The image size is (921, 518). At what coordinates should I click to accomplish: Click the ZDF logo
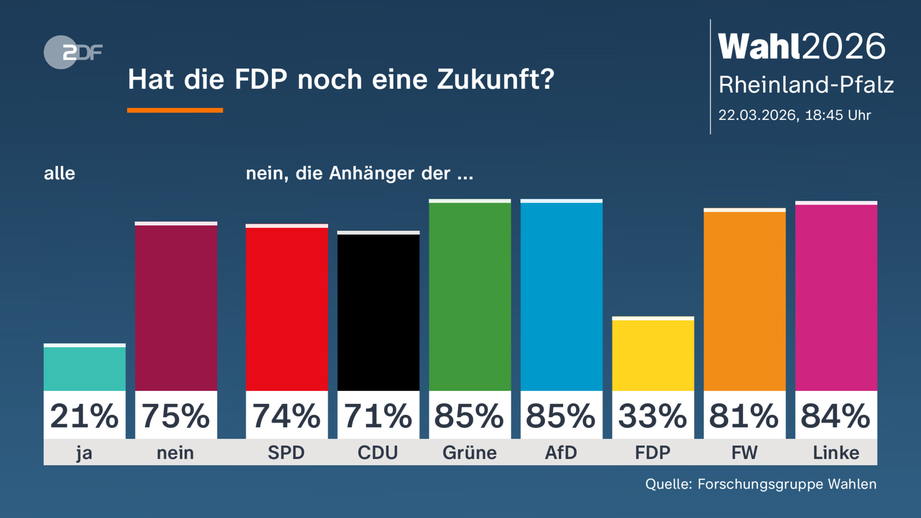[73, 52]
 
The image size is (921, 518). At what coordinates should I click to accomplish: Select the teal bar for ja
[84, 368]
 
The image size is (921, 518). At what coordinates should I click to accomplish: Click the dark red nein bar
[176, 307]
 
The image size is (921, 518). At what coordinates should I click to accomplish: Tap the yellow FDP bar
[653, 355]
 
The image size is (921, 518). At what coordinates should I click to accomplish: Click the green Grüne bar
[470, 295]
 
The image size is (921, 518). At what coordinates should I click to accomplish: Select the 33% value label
[653, 416]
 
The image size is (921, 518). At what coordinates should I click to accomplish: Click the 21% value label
[84, 416]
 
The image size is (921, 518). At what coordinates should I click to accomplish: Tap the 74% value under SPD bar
[287, 416]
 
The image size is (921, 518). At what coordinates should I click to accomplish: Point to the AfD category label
[561, 453]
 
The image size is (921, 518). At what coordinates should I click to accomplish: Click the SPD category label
[286, 453]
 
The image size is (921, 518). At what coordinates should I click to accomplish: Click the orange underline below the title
[175, 111]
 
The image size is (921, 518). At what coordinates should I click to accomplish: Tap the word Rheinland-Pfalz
[806, 84]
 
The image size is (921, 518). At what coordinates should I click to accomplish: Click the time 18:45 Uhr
[837, 115]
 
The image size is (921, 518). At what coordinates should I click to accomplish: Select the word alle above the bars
[59, 173]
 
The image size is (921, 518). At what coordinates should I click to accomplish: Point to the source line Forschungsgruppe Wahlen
[787, 484]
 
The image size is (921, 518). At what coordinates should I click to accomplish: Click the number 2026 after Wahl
[843, 46]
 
